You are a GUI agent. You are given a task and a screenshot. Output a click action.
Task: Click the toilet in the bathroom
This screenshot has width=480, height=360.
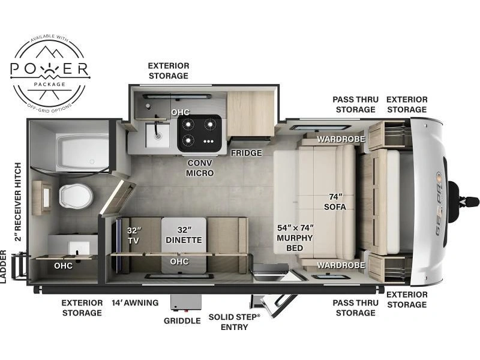tap(76, 196)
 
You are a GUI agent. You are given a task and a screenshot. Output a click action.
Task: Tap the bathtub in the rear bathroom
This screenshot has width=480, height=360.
tap(82, 152)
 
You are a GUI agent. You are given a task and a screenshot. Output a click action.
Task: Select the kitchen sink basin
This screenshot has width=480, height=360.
tap(157, 135)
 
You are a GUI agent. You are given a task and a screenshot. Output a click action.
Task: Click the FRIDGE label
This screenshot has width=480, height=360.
tap(247, 153)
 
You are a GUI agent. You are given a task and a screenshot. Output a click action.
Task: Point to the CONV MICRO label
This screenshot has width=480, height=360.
tap(200, 168)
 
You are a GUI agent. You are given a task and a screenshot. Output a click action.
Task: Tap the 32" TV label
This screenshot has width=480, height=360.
tap(134, 235)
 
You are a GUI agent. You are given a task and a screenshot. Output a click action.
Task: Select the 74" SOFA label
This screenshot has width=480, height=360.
tap(335, 202)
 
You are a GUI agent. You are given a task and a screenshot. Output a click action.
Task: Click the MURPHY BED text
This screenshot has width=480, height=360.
tap(295, 243)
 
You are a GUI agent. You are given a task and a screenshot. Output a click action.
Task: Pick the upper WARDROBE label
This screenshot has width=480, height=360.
tap(341, 139)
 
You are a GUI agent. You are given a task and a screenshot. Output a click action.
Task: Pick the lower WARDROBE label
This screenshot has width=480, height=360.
tap(341, 265)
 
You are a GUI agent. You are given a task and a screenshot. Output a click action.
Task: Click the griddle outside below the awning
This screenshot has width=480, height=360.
tap(186, 302)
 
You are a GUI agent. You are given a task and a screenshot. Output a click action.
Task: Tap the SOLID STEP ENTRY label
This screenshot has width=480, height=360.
tap(235, 322)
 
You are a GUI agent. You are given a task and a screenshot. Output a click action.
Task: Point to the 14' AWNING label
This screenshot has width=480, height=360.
tap(135, 303)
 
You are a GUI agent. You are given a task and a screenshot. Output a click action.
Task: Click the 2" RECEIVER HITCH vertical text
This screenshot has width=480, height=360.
tap(18, 202)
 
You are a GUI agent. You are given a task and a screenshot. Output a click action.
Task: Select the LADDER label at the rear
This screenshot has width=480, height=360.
tap(4, 266)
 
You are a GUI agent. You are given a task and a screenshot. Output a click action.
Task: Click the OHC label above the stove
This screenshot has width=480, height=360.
tap(181, 112)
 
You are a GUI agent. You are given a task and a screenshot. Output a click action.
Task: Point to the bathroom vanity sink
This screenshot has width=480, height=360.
tap(79, 248)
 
